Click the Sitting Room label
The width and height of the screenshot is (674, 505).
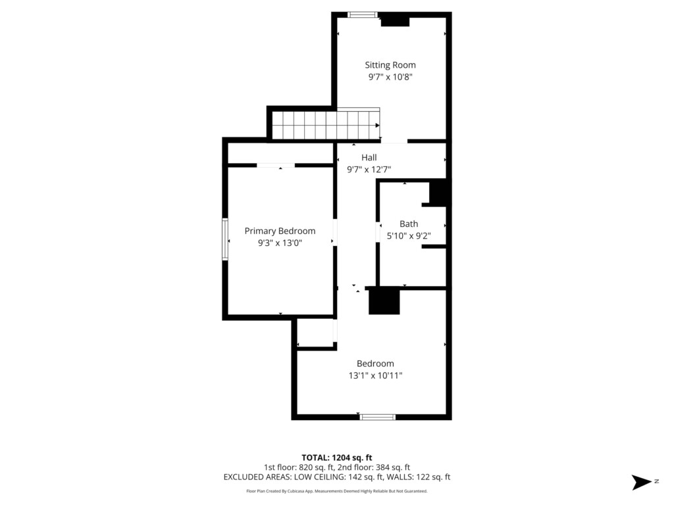390,65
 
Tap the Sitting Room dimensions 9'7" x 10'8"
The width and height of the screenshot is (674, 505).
390,77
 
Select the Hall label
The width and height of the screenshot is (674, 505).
369,157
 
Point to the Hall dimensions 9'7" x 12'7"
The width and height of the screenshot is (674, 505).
369,169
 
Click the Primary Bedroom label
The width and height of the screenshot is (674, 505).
280,231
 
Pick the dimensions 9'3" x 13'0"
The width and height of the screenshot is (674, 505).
280,243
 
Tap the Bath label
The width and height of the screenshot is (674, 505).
409,224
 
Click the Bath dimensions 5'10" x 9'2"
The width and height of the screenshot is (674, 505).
409,236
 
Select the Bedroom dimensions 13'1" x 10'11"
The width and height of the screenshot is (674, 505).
375,375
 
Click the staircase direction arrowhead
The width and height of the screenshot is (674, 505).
377,126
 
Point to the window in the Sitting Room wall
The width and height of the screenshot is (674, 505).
363,15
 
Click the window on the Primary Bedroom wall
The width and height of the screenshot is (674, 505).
225,239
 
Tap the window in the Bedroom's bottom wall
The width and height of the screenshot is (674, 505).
377,416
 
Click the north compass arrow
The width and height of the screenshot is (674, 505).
641,482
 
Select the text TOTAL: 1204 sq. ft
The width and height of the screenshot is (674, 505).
336,458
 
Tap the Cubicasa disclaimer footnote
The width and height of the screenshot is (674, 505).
336,491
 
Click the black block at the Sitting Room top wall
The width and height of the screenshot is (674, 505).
395,22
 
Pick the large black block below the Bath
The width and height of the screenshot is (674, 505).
384,301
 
